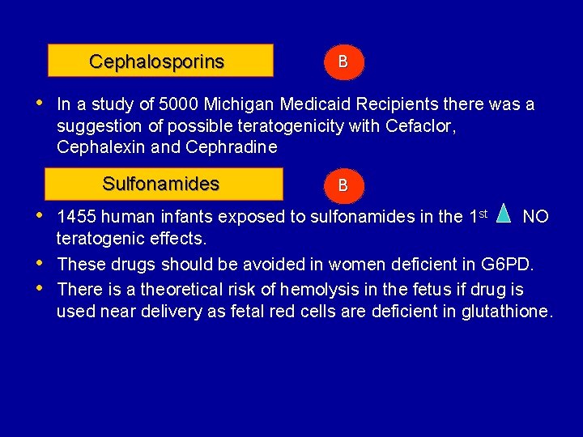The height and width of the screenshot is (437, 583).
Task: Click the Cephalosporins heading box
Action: pos(160,61)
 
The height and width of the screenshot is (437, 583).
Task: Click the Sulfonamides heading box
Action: pos(164,184)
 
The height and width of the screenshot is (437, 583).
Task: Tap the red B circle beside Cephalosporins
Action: pos(343,62)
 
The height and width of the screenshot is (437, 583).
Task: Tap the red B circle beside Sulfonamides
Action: pos(343,185)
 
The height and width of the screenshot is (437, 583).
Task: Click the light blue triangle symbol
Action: pos(504,214)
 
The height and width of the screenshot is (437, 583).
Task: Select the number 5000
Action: pos(183,104)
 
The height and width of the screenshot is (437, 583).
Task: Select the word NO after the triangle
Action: pos(536,217)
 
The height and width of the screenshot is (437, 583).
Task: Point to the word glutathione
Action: pos(506,312)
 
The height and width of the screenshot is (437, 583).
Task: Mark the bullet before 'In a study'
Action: pos(40,103)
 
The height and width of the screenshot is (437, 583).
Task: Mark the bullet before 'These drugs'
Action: pos(40,263)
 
